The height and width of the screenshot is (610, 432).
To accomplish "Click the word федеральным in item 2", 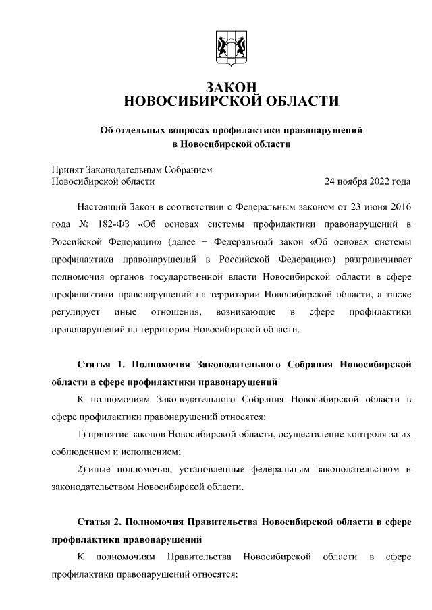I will coord(252,470).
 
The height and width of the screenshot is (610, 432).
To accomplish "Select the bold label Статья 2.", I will coord(102,522).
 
